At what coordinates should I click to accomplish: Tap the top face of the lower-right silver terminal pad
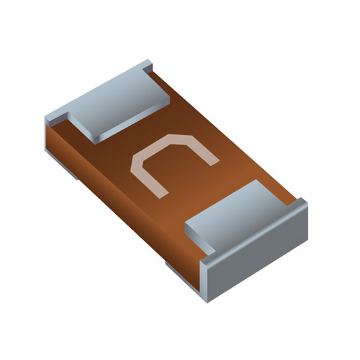click(243, 218)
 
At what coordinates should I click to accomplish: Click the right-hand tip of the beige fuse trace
click(215, 163)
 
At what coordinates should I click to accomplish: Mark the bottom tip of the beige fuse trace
click(163, 196)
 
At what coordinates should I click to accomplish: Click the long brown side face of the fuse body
click(124, 207)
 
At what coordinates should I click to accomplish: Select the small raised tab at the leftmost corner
click(56, 120)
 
